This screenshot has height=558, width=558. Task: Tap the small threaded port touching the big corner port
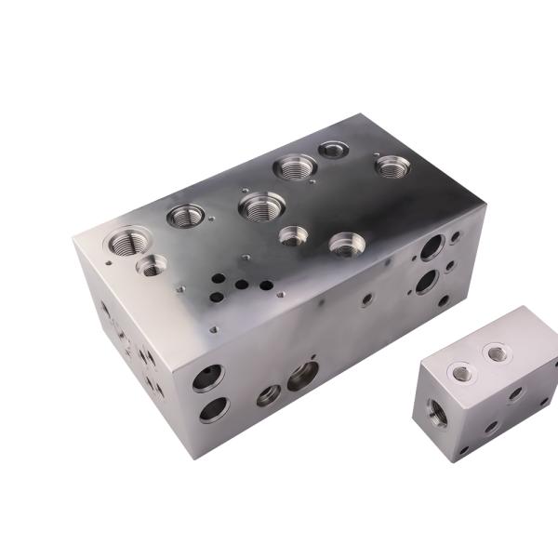[x=151, y=266]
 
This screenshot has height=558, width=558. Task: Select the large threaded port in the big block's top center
[x=261, y=205]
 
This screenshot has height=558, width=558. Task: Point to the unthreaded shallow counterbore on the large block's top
[x=332, y=149]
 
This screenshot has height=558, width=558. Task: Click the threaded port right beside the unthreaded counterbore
[x=296, y=167]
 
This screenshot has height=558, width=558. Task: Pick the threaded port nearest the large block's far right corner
[x=392, y=166]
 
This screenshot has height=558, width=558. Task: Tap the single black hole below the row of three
[x=217, y=298]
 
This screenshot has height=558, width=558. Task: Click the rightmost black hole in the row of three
[x=265, y=286]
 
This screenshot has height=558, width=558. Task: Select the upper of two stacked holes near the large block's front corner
[x=207, y=378]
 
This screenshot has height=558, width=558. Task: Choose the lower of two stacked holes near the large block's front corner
[x=214, y=409]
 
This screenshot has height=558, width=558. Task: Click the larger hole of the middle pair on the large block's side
[x=302, y=376]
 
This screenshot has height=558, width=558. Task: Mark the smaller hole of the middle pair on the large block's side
[x=269, y=394]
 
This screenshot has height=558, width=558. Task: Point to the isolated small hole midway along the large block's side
[x=367, y=299]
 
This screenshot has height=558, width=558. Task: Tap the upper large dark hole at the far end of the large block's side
[x=432, y=247]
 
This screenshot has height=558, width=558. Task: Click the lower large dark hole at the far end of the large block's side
[x=428, y=281]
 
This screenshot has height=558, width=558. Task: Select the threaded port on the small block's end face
[x=437, y=410]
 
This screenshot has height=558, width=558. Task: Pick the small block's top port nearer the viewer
[x=461, y=372]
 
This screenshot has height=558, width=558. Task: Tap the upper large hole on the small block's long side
[x=515, y=393]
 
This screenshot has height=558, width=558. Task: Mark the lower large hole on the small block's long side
[x=490, y=427]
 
